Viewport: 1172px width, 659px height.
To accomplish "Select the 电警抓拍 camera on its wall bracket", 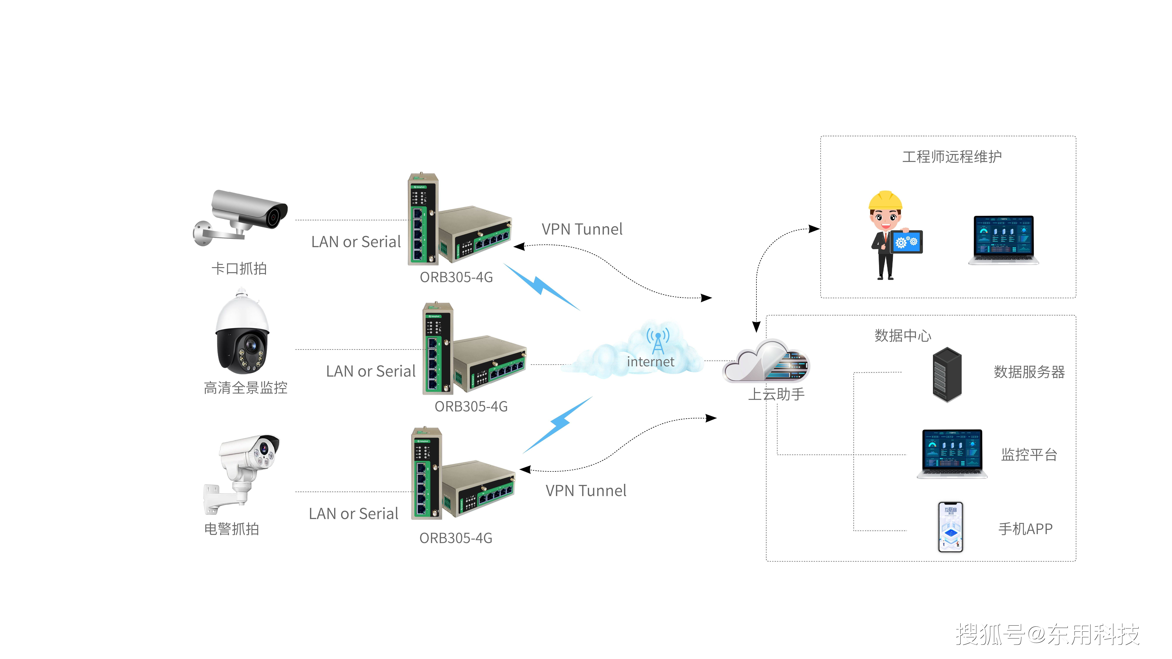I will point(241,473).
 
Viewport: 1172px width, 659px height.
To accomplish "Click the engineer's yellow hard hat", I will point(885,200).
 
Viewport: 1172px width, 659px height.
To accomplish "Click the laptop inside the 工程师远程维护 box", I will point(1003,240).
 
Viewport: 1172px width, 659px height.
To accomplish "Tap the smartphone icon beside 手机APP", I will point(950,527).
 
